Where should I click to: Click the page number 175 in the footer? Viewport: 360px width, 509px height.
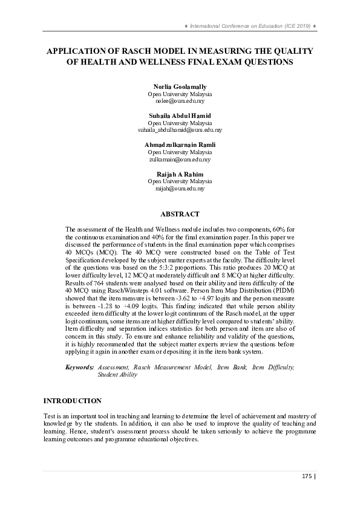pos(306,476)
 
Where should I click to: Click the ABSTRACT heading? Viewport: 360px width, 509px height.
pos(180,214)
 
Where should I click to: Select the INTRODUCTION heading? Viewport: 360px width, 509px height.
pos(72,401)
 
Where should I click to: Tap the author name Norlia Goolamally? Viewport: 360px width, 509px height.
pos(180,87)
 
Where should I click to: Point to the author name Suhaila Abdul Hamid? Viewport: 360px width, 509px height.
pos(180,115)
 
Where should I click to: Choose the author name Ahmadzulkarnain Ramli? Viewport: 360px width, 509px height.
pos(180,145)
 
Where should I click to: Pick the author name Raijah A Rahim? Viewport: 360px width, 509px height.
pos(180,174)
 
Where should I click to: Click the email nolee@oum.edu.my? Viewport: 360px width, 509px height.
pos(180,102)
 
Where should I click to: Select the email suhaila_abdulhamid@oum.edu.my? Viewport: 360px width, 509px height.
pos(180,130)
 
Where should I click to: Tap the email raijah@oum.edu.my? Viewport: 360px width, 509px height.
pos(180,189)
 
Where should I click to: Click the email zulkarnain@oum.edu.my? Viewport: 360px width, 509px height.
pos(180,160)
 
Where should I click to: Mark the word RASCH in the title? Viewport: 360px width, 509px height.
pos(141,51)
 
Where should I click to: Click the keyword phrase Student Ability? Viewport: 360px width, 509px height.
pos(117,375)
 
